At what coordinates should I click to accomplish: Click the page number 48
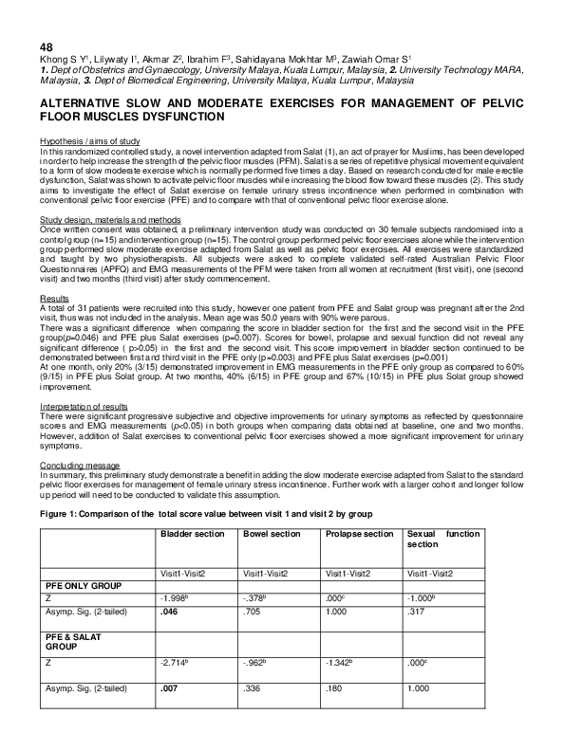click(47, 46)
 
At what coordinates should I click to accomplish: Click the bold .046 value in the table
click(167, 614)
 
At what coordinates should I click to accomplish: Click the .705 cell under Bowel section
click(252, 614)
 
